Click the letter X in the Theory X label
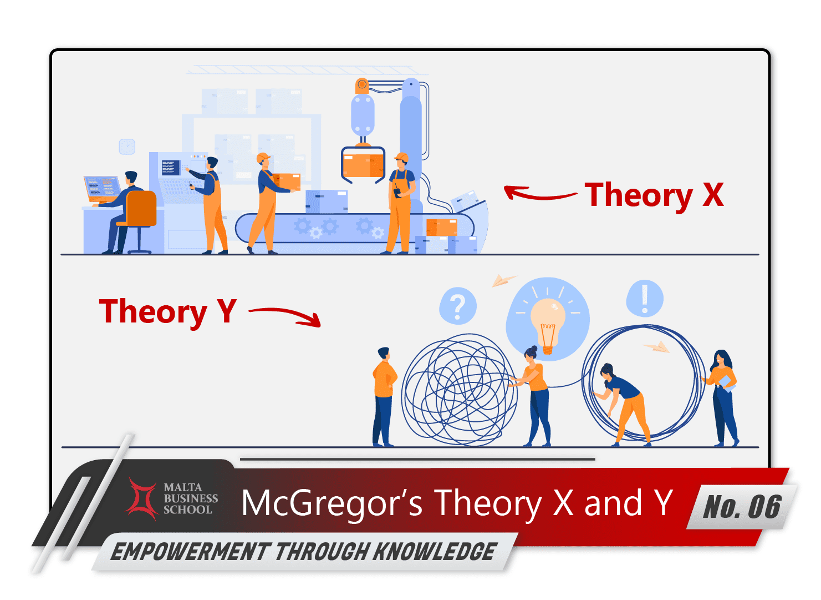(x=713, y=195)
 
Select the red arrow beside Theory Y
(x=286, y=315)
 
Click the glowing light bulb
(x=548, y=322)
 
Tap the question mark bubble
(x=457, y=306)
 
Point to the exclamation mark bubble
(x=644, y=299)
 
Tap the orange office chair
(x=140, y=211)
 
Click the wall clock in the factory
(x=127, y=147)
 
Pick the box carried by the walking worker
(x=287, y=181)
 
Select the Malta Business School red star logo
(x=143, y=498)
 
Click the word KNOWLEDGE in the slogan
(x=434, y=552)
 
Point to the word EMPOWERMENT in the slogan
(x=190, y=552)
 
